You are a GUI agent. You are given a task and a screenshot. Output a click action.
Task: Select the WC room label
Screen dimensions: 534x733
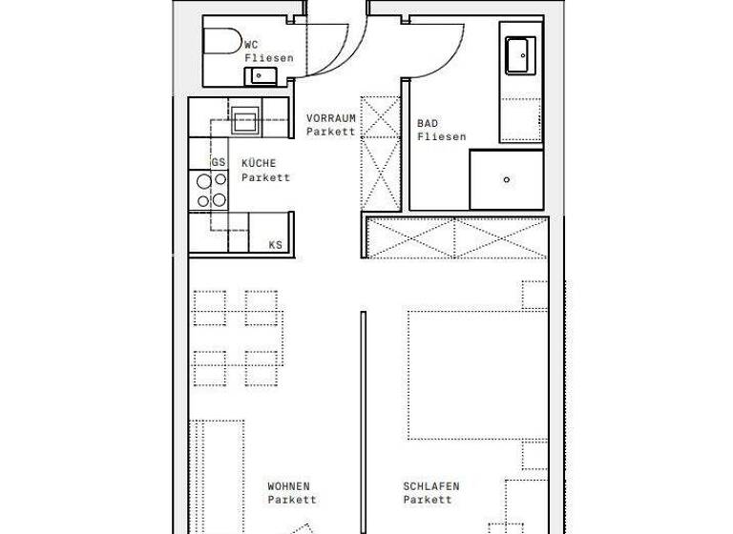click(x=252, y=45)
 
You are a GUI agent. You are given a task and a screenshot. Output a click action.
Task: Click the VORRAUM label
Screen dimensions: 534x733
click(x=331, y=118)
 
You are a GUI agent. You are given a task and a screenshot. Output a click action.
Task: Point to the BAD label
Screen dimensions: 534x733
click(x=427, y=124)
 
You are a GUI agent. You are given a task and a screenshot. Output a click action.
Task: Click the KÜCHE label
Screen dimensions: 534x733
click(x=259, y=163)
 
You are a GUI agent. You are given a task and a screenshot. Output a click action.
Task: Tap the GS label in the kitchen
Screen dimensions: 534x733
click(x=219, y=163)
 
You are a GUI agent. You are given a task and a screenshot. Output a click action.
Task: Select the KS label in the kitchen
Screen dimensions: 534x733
click(x=276, y=245)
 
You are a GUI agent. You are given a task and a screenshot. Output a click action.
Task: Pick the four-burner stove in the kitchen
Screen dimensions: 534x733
click(x=210, y=189)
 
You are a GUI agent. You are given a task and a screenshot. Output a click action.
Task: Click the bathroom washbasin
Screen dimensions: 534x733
click(x=520, y=55)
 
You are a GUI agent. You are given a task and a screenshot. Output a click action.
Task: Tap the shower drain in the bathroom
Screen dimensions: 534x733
click(x=507, y=179)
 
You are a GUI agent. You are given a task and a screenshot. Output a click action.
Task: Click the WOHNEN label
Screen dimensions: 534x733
click(x=289, y=486)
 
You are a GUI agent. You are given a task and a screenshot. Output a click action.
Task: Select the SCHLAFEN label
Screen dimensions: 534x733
click(x=431, y=486)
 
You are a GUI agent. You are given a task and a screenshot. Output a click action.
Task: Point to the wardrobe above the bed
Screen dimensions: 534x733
click(x=457, y=237)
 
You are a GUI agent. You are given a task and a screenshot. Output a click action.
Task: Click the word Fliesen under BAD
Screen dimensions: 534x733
click(x=442, y=137)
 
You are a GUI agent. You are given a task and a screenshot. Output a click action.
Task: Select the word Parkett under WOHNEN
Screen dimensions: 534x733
click(x=292, y=500)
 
